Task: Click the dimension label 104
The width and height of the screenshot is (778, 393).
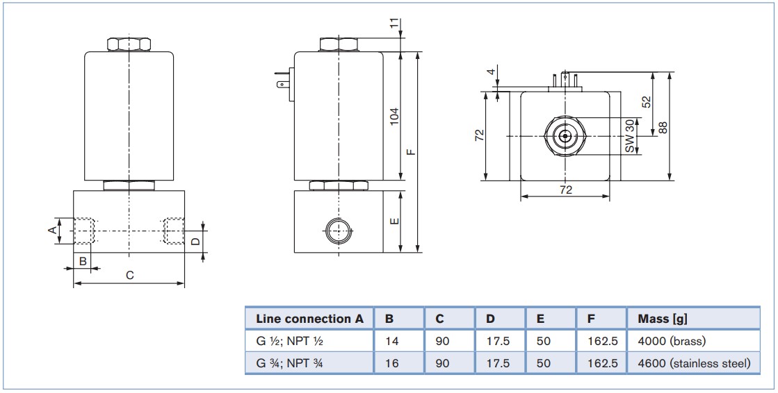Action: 394,117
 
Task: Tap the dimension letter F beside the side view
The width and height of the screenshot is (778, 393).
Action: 411,152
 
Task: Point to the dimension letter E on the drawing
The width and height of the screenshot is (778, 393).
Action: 395,221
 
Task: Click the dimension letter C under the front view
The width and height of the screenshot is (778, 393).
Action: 129,275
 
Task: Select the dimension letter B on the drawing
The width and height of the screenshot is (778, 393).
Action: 83,260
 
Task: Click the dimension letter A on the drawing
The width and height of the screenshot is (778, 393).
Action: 52,230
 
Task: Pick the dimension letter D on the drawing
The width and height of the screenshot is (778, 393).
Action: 196,241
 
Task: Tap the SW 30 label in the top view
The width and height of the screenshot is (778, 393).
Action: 630,136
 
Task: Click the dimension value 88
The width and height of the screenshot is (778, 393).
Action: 663,127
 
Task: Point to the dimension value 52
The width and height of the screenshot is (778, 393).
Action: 646,101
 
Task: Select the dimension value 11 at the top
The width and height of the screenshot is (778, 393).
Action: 394,23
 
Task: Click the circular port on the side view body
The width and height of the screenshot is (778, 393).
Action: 339,229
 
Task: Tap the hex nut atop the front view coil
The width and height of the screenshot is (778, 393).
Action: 129,44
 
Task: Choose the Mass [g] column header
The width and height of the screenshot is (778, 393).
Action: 663,319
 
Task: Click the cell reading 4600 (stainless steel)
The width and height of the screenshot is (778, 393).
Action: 694,363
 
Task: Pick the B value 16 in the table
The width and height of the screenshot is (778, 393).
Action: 392,363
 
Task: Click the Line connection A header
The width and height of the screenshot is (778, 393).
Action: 309,319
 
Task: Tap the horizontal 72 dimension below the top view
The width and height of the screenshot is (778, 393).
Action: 566,190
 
